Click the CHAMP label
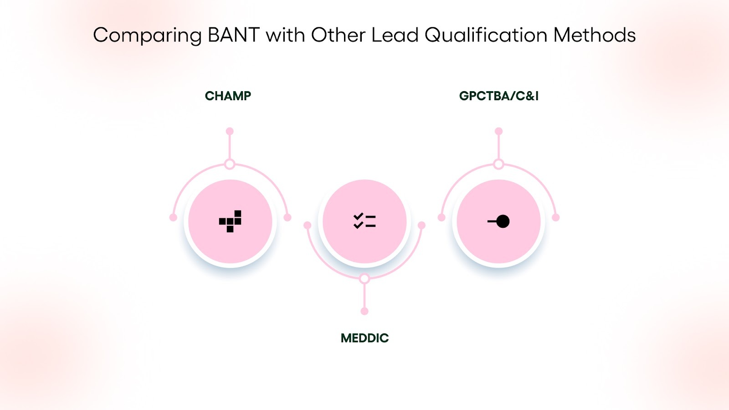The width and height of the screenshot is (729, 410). (x=228, y=96)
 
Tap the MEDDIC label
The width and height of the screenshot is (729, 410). (x=364, y=338)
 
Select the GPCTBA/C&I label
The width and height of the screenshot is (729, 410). (x=499, y=96)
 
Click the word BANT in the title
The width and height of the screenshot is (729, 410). (x=233, y=35)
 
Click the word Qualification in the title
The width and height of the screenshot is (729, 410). (x=486, y=35)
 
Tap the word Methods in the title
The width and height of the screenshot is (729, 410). (x=595, y=35)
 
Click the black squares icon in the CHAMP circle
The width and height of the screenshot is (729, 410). (x=230, y=221)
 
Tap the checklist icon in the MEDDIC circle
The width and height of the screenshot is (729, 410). (x=364, y=221)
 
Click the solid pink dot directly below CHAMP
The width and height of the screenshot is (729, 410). (x=230, y=131)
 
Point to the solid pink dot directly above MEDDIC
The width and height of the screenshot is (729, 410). (x=364, y=311)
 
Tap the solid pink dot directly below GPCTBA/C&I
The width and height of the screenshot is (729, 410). (x=499, y=131)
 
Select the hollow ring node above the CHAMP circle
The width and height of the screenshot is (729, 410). (x=230, y=164)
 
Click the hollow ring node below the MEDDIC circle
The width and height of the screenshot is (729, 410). (x=364, y=278)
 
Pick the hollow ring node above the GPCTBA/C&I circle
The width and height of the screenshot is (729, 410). (x=499, y=164)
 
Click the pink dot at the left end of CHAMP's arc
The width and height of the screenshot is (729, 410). (x=173, y=217)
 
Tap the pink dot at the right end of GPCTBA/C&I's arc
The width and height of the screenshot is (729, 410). (x=555, y=217)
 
